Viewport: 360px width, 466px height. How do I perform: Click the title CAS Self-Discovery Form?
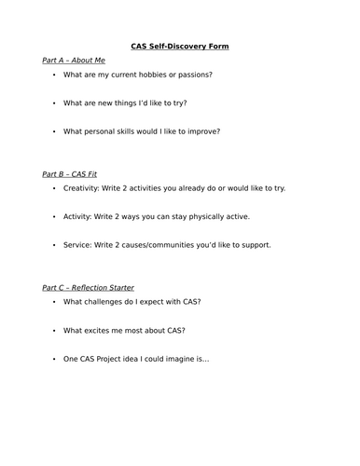click(x=179, y=46)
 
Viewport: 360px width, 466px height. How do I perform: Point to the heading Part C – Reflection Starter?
click(x=89, y=287)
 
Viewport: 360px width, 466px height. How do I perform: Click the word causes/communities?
click(x=164, y=245)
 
